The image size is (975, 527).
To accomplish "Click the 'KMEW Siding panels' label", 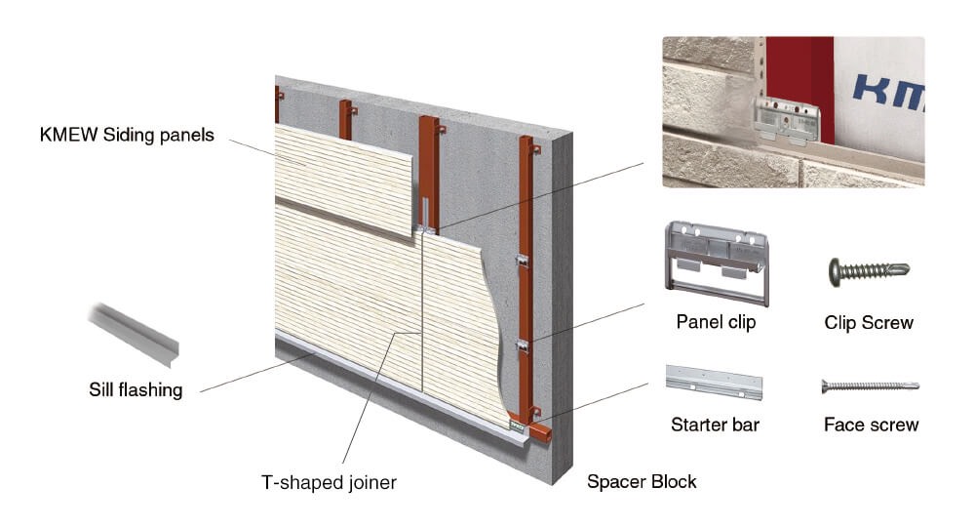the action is [127, 135].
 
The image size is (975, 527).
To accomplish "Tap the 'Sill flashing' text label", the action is [136, 390].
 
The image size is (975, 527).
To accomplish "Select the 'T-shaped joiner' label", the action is [329, 482].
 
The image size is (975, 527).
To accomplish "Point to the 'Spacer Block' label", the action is [642, 481].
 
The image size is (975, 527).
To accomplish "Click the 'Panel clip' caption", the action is [716, 322].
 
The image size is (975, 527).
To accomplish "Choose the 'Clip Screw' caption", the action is [869, 323].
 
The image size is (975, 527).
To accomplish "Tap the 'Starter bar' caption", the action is [715, 425].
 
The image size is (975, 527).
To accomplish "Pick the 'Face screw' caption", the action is [871, 425].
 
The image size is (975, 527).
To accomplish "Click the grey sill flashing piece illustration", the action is [135, 334].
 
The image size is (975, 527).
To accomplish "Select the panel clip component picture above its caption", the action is [717, 263].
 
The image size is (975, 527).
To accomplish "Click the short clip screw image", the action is [869, 271].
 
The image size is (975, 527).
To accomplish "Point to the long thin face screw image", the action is [870, 386].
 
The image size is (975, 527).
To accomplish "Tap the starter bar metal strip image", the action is [714, 382].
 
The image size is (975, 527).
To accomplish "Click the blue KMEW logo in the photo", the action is [889, 94].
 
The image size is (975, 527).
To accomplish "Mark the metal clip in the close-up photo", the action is [787, 121].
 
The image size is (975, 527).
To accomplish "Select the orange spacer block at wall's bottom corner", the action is [539, 431].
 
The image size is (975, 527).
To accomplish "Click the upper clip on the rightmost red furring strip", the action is [523, 260].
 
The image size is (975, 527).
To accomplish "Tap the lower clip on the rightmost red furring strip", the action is [523, 345].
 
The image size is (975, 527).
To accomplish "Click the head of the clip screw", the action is [835, 272].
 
